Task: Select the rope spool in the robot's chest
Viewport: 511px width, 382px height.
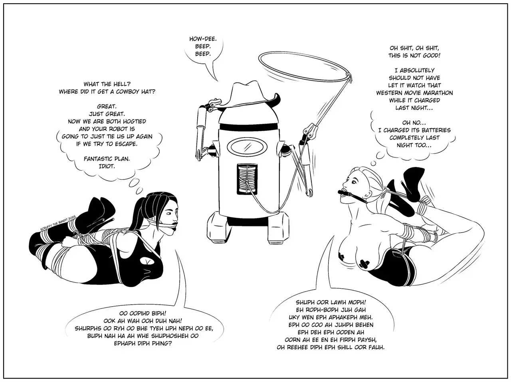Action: pos(247,179)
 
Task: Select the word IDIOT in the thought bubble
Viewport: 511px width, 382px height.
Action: pos(107,166)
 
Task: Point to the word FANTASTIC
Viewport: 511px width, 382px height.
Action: pos(99,159)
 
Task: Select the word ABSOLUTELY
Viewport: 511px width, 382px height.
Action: pos(418,70)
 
